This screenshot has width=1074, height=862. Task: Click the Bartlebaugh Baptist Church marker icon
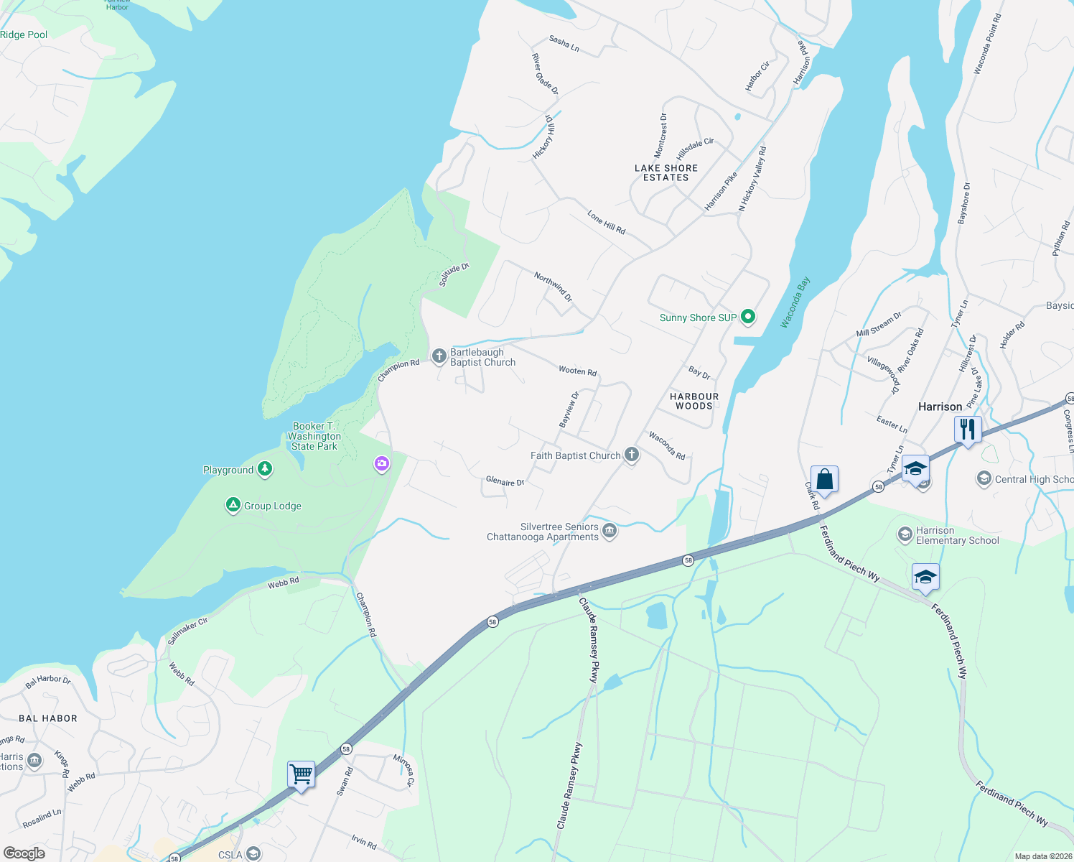pyautogui.click(x=439, y=356)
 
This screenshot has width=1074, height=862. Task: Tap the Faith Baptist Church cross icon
pyautogui.click(x=632, y=455)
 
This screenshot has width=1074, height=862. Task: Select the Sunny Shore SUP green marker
pyautogui.click(x=748, y=317)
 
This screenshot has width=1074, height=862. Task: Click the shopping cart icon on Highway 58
pyautogui.click(x=301, y=774)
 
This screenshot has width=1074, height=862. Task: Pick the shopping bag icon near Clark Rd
pyautogui.click(x=824, y=479)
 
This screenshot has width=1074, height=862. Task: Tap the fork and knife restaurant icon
pyautogui.click(x=968, y=430)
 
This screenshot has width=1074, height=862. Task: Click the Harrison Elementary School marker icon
pyautogui.click(x=905, y=534)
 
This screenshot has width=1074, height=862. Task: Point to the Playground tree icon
pyautogui.click(x=266, y=469)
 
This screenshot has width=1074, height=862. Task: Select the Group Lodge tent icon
pyautogui.click(x=233, y=505)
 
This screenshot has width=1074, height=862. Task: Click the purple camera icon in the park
pyautogui.click(x=382, y=464)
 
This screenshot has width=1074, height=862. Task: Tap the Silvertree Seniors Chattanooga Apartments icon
pyautogui.click(x=610, y=532)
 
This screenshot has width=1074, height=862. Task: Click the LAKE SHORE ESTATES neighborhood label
pyautogui.click(x=666, y=173)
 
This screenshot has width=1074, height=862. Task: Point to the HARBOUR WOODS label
pyautogui.click(x=694, y=401)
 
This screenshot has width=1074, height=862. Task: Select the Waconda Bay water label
pyautogui.click(x=795, y=302)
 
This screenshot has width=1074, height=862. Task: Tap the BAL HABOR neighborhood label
pyautogui.click(x=48, y=718)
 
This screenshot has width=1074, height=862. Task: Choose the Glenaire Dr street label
pyautogui.click(x=505, y=481)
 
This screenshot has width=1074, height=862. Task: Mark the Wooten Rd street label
pyautogui.click(x=578, y=371)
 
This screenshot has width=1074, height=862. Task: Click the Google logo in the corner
pyautogui.click(x=24, y=853)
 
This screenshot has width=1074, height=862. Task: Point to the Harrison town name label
pyautogui.click(x=940, y=407)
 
